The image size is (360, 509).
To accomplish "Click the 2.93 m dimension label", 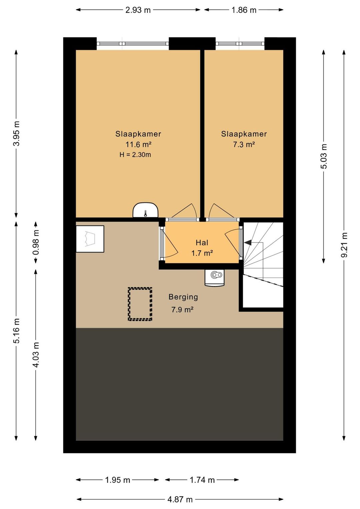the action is (138, 10).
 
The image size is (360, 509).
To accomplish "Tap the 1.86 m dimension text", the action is (244, 10).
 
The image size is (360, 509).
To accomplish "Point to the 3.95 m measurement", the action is (17, 134).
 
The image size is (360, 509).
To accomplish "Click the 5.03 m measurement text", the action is (324, 156).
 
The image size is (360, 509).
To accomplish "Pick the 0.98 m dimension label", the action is (36, 242).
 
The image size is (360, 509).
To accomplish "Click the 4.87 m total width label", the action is (180, 499).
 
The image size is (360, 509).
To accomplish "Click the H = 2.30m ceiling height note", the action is (135, 155).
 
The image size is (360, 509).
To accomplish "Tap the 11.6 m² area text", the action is (139, 144).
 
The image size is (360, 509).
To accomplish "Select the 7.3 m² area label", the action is (244, 144).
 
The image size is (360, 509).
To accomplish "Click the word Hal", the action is (202, 243).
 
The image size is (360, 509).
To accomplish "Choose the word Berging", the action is (183, 297).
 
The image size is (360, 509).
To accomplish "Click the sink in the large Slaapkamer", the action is (146, 210).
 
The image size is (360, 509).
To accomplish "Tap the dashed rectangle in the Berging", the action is (140, 304).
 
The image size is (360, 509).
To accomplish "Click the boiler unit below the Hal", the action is (214, 278).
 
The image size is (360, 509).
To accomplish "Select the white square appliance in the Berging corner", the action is (90, 239).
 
